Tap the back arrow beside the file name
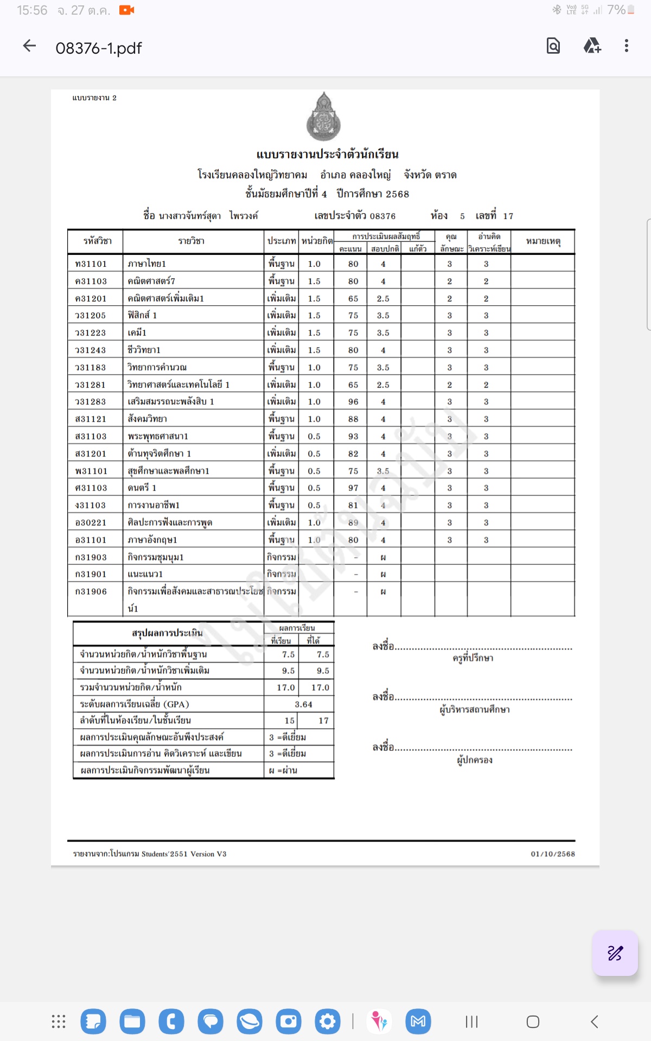pos(29,47)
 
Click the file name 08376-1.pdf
pos(98,48)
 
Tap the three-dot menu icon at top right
pos(626,46)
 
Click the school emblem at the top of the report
pos(324,117)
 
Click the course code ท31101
pos(91,264)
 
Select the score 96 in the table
pos(353,402)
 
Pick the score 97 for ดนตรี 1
pos(353,488)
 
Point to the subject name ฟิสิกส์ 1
pos(142,316)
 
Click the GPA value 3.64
pos(303,704)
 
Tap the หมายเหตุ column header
pos(542,241)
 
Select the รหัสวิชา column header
pos(97,241)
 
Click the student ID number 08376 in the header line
pos(382,216)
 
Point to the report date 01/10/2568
pos(553,854)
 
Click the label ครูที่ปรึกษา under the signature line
pos(473,658)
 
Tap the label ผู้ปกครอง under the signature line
pos(475,760)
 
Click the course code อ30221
pos(91,523)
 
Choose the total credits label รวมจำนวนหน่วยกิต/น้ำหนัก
pos(131,687)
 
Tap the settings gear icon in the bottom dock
pos(328,1022)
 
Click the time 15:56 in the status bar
pos(32,10)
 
